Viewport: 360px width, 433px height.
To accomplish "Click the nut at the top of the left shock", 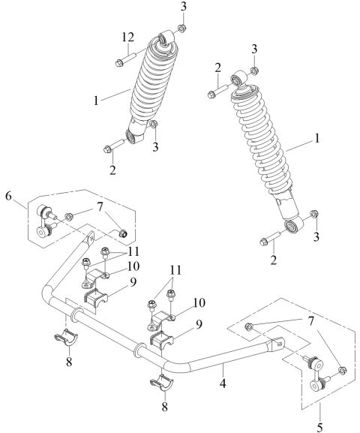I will click(x=181, y=28).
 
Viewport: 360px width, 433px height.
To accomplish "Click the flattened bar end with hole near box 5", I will click(x=277, y=344).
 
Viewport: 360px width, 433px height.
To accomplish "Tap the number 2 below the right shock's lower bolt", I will click(x=274, y=260).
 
